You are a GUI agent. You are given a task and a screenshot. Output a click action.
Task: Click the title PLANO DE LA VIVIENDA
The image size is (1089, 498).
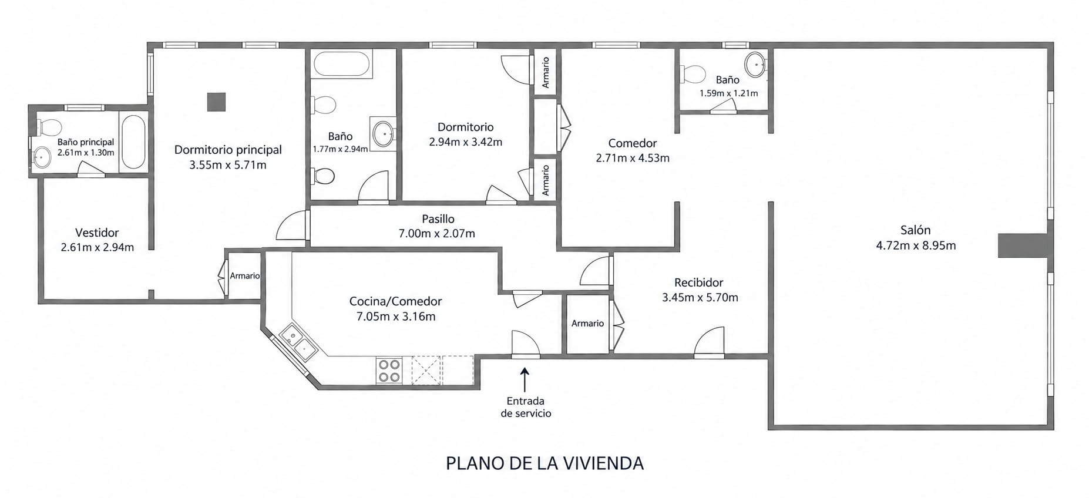[x=544, y=463]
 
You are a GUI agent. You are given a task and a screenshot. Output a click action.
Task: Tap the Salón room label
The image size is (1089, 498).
[x=916, y=230]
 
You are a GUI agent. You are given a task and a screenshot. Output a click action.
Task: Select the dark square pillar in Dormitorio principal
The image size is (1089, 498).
[x=216, y=102]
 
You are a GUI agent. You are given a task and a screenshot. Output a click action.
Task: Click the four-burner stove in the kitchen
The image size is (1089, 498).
[x=389, y=371]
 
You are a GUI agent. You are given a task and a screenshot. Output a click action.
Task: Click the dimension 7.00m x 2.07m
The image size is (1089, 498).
[x=437, y=234]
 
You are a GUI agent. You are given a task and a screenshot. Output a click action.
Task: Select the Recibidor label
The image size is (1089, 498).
[x=699, y=282]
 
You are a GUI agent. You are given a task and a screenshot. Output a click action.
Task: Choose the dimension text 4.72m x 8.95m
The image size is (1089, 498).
[x=916, y=245]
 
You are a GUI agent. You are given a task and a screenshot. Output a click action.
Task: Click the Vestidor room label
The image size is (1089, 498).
[x=97, y=233]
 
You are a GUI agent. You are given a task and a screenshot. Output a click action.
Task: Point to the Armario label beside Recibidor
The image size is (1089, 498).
[x=587, y=324]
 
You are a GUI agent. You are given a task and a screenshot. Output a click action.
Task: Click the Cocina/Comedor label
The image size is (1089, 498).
[x=395, y=301]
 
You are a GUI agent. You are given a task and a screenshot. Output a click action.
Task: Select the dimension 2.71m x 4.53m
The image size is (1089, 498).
[x=633, y=158]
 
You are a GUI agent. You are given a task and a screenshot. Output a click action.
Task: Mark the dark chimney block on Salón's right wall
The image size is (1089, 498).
[x=1023, y=245]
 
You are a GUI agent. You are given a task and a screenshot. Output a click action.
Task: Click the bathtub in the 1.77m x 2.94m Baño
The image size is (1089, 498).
[x=342, y=64]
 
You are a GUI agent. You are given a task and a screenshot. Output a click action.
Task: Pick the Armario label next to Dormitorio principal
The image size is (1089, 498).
[x=245, y=276]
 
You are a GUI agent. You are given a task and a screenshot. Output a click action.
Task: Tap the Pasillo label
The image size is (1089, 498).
[x=438, y=219]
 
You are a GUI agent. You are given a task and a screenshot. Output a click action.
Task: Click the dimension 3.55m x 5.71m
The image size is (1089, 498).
[x=228, y=165]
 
